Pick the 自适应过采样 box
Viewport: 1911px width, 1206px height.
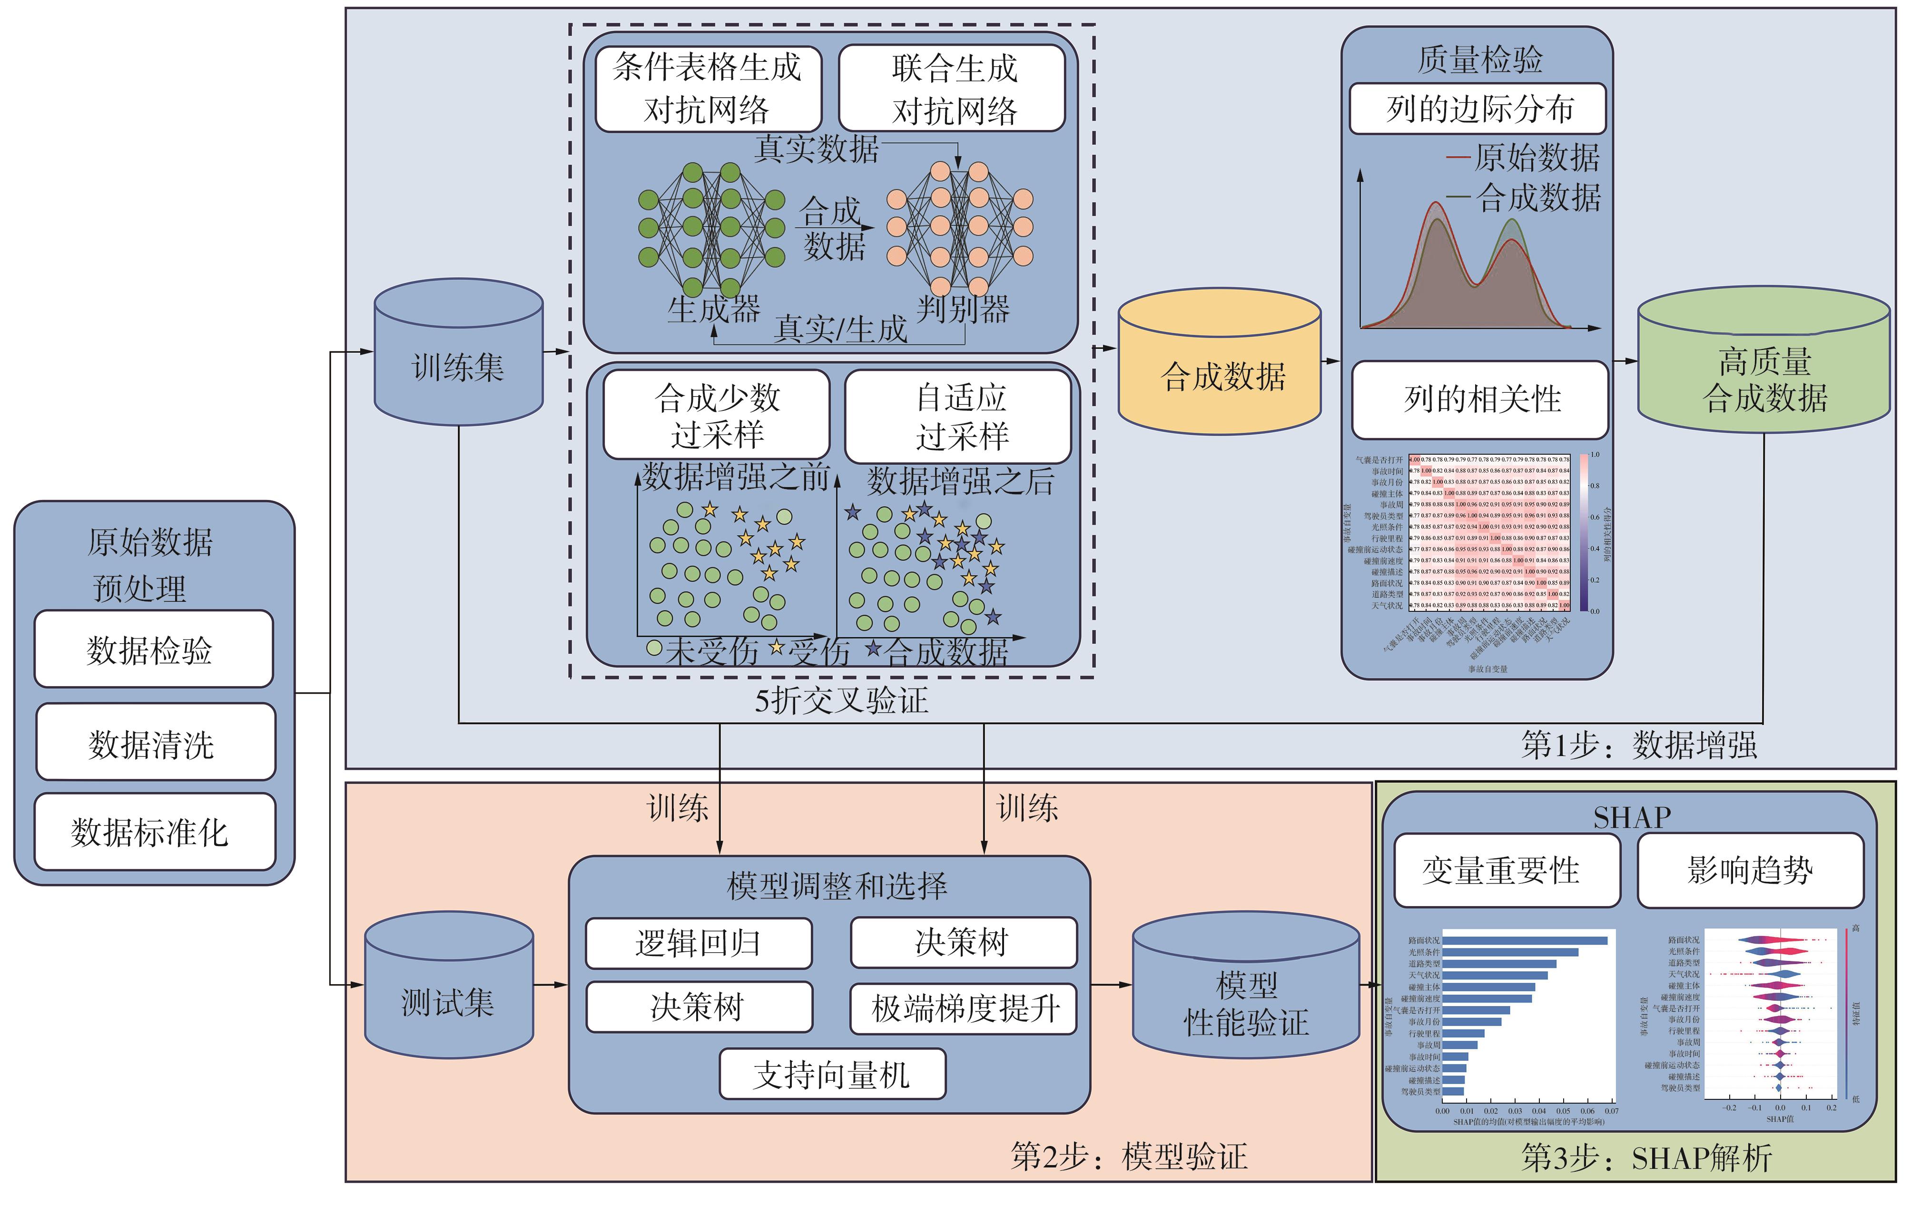coord(958,416)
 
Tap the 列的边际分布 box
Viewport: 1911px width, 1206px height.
coord(1478,109)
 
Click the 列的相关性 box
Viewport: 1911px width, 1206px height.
coord(1480,399)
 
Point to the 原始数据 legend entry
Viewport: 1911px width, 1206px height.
coord(1524,157)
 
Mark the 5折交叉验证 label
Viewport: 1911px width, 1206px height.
coord(841,700)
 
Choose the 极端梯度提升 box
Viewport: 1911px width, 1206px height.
coord(964,1009)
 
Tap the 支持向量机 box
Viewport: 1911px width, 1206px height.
coord(832,1074)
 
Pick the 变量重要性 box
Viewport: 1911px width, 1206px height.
coord(1506,870)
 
